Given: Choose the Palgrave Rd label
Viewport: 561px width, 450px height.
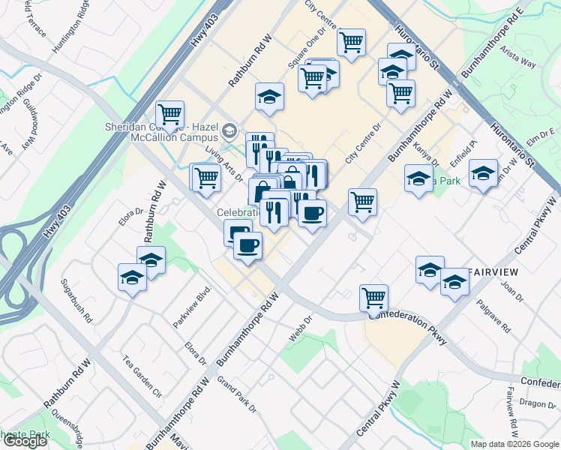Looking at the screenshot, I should (496, 319).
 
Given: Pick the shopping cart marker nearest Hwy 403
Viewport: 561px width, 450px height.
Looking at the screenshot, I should (170, 114).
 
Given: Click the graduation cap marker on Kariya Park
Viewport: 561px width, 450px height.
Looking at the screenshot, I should (418, 178).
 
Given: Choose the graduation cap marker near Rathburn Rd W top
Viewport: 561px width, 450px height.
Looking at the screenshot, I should (269, 96).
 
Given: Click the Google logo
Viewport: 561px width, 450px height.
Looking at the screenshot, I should (25, 441).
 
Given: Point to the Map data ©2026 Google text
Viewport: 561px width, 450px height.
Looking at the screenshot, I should (515, 444).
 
